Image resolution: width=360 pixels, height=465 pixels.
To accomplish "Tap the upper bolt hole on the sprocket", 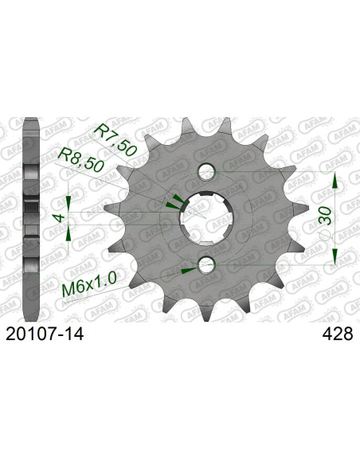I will click(207, 170).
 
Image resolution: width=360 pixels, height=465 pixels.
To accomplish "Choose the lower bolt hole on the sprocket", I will click(207, 264).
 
